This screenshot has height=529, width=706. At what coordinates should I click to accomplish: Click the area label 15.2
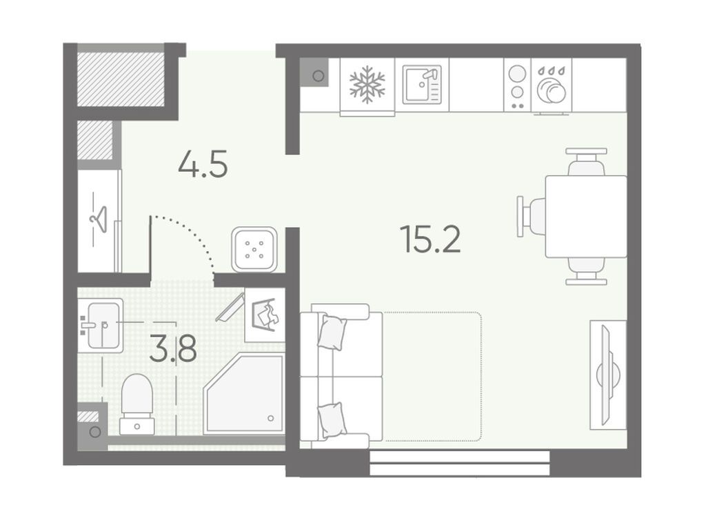[430, 239]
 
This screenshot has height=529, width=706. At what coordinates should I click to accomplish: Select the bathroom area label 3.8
[173, 349]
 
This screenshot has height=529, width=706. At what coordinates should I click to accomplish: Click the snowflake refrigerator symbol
[367, 85]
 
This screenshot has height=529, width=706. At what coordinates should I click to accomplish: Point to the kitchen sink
[422, 85]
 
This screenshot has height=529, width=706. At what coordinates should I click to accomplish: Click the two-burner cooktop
[517, 85]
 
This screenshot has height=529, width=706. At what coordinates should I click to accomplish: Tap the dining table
[586, 217]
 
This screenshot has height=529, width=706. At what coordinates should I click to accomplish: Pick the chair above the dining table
[586, 162]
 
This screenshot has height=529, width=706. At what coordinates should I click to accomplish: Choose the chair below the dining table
[586, 271]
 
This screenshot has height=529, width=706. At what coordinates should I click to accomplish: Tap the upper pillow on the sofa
[332, 332]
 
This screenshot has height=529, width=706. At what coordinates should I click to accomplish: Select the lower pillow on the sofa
[332, 419]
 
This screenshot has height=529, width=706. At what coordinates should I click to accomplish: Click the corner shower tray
[244, 395]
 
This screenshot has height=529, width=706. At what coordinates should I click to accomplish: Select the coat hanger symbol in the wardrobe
[99, 219]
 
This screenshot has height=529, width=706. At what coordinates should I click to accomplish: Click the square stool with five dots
[254, 249]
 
